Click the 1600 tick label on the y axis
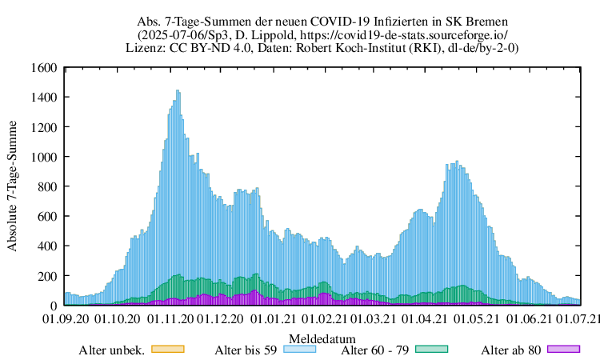pyautogui.click(x=45, y=68)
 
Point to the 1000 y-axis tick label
pyautogui.click(x=45, y=157)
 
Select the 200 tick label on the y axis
pyautogui.click(x=48, y=276)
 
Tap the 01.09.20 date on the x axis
pyautogui.click(x=64, y=319)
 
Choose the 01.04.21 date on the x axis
pyautogui.click(x=425, y=319)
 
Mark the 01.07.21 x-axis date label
pyautogui.click(x=580, y=319)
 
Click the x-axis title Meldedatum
pyautogui.click(x=322, y=338)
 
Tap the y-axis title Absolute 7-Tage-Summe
pyautogui.click(x=13, y=186)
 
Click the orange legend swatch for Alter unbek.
pyautogui.click(x=168, y=349)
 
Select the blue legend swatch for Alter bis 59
pyautogui.click(x=298, y=349)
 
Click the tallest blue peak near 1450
pyautogui.click(x=178, y=91)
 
